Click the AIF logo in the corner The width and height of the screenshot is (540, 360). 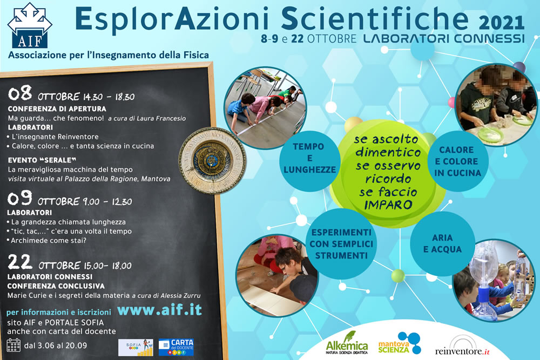[x=30, y=25]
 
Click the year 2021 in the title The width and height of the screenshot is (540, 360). [x=502, y=23]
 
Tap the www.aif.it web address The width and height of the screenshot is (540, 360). [x=159, y=310]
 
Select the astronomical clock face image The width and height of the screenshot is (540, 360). [x=212, y=160]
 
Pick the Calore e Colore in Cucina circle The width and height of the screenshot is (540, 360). [x=458, y=161]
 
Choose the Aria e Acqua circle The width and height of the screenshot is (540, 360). [x=442, y=243]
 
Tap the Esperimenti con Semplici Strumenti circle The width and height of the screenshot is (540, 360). [x=341, y=243]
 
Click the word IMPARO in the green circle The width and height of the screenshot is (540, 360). [x=388, y=205]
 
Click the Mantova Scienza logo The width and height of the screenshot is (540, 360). [x=400, y=343]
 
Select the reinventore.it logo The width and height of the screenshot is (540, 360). [x=462, y=346]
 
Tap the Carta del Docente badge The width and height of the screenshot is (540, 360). [x=176, y=347]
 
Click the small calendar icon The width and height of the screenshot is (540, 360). [x=13, y=345]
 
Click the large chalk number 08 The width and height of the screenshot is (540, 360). [x=20, y=93]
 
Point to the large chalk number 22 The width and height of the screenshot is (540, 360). [x=20, y=262]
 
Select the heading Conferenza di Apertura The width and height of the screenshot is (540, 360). [x=57, y=109]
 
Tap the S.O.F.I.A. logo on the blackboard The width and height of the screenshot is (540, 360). [x=136, y=347]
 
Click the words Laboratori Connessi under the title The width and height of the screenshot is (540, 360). [x=444, y=38]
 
